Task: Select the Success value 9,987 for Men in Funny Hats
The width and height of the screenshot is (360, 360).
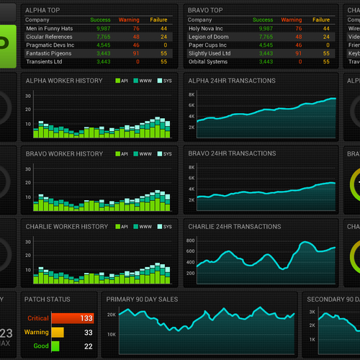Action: [103, 27]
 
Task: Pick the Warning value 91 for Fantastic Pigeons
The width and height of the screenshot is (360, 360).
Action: [135, 53]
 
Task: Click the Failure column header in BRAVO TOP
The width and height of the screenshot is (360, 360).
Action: [320, 19]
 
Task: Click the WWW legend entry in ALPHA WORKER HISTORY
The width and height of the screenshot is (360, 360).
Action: [145, 81]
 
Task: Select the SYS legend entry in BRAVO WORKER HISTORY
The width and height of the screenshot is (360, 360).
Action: [167, 154]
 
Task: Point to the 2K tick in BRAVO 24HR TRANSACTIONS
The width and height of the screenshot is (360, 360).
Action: [192, 199]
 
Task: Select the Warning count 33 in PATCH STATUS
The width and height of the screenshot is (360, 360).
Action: [88, 333]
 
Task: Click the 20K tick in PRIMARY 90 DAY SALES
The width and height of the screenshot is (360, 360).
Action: [112, 315]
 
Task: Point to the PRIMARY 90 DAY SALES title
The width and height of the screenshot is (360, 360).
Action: [142, 299]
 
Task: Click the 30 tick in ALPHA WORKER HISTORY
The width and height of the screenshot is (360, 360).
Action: [29, 102]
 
